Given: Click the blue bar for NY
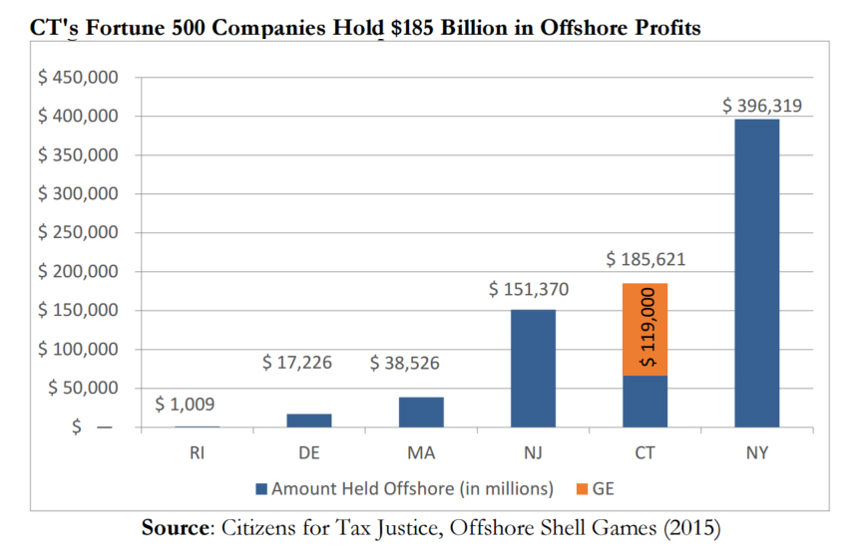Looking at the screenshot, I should point(756,273).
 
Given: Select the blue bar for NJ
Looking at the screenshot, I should point(533,369).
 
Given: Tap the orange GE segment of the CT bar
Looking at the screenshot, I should point(645,330).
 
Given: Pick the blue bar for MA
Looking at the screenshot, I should point(421,413).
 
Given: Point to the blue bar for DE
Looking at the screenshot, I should point(309,420).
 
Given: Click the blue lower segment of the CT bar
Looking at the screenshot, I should point(645,402).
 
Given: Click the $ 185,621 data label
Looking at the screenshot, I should point(646,261).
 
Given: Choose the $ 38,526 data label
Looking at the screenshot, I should point(404,364).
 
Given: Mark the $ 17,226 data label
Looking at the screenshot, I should point(296,364).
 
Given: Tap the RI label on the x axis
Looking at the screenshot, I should point(199,453).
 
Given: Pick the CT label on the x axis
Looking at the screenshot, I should point(645,453).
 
